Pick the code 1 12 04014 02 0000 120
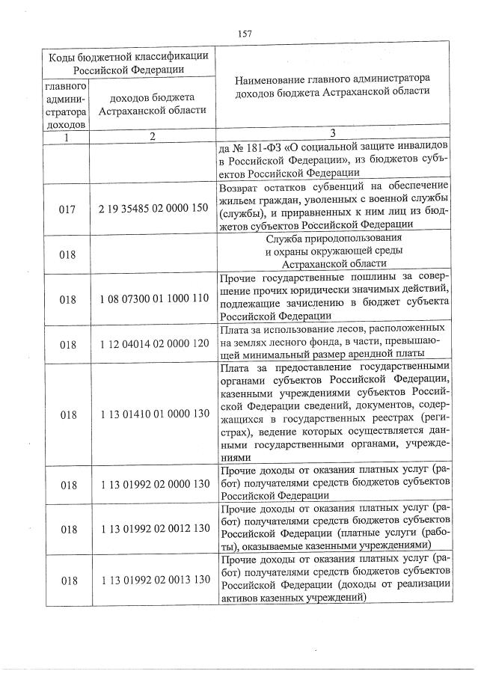click(153, 344)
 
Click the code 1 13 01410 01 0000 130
click(153, 414)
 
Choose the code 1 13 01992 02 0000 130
click(153, 484)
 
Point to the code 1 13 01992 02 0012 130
click(153, 529)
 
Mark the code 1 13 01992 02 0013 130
click(153, 580)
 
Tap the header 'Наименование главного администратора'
click(332, 77)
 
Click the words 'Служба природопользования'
click(332, 239)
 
